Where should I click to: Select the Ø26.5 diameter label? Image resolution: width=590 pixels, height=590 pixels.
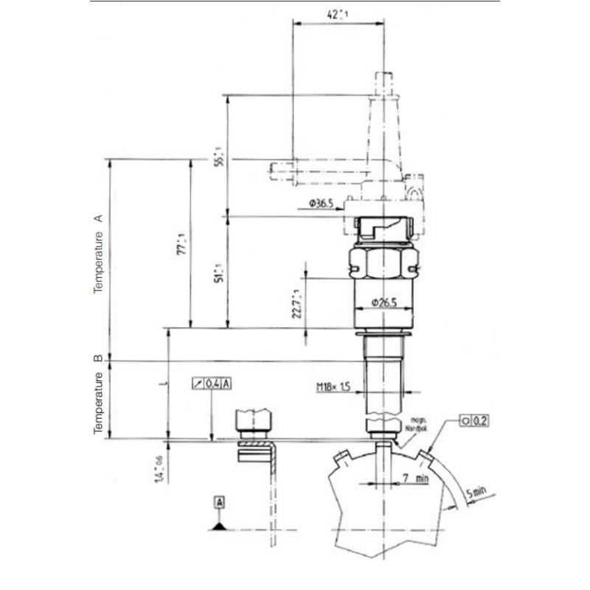click(x=384, y=302)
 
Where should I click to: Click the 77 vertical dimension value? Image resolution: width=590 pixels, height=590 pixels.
click(x=181, y=243)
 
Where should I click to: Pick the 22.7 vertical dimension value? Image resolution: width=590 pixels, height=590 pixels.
click(x=296, y=302)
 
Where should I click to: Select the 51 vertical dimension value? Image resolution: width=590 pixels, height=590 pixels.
click(x=218, y=272)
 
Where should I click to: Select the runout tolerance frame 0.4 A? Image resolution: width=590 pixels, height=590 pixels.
click(x=212, y=383)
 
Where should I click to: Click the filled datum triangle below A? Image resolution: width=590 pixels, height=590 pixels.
click(x=219, y=524)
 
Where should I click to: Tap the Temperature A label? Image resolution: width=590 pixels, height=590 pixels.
click(x=98, y=255)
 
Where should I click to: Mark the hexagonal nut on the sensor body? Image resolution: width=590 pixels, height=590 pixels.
click(x=383, y=261)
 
